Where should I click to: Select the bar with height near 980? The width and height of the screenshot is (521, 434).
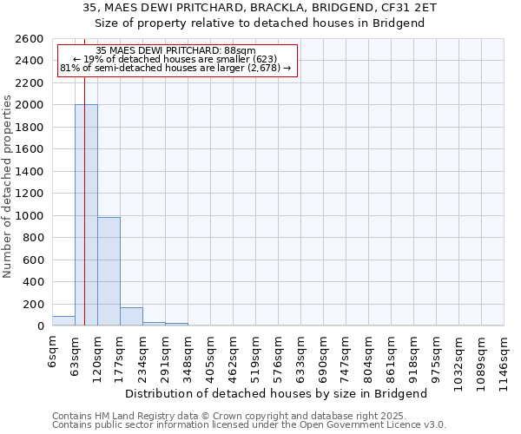(109, 272)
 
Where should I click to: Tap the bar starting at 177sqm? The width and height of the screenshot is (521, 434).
(131, 317)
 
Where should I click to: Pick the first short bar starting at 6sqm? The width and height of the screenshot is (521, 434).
(63, 321)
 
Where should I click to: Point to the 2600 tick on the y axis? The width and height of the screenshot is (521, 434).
(29, 39)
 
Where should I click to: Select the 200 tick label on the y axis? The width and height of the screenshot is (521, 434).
(32, 305)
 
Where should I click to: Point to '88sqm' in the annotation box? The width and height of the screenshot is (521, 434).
(238, 51)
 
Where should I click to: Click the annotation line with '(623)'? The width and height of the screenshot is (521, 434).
(180, 59)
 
